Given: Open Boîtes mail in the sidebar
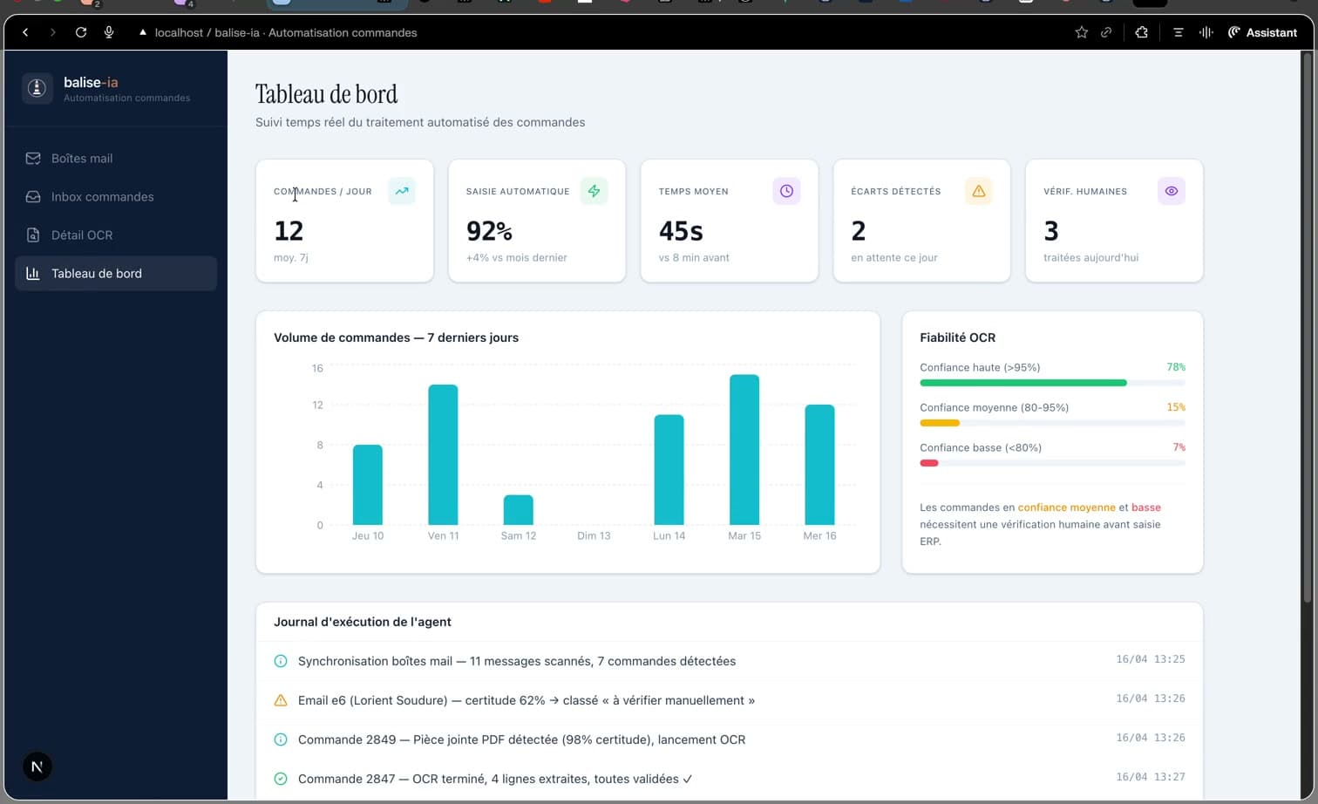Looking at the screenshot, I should (81, 159).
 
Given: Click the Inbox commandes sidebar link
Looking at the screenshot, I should (102, 197).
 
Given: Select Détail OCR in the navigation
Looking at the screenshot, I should (81, 235).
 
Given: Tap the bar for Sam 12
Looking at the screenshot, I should (518, 510).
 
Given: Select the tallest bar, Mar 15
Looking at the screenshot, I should (744, 450).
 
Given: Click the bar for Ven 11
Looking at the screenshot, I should (443, 454).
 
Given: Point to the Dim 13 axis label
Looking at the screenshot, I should (594, 536).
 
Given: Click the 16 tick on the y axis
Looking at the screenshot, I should (317, 369).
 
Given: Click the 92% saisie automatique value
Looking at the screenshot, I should (489, 231).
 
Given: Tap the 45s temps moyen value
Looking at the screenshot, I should (681, 231).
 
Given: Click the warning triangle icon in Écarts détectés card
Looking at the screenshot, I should (978, 191).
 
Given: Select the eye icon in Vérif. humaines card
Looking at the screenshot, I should (1171, 191).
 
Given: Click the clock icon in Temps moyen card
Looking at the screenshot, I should (786, 191).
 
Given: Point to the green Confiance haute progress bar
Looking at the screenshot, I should (1022, 383).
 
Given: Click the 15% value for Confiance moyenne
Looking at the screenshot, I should (1176, 407).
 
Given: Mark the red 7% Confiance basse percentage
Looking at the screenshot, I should (1179, 447).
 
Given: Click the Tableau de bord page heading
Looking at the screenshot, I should (326, 94).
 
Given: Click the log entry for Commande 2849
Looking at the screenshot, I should (521, 739).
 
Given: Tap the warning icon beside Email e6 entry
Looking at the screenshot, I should (281, 700).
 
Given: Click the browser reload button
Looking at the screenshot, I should (81, 32).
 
